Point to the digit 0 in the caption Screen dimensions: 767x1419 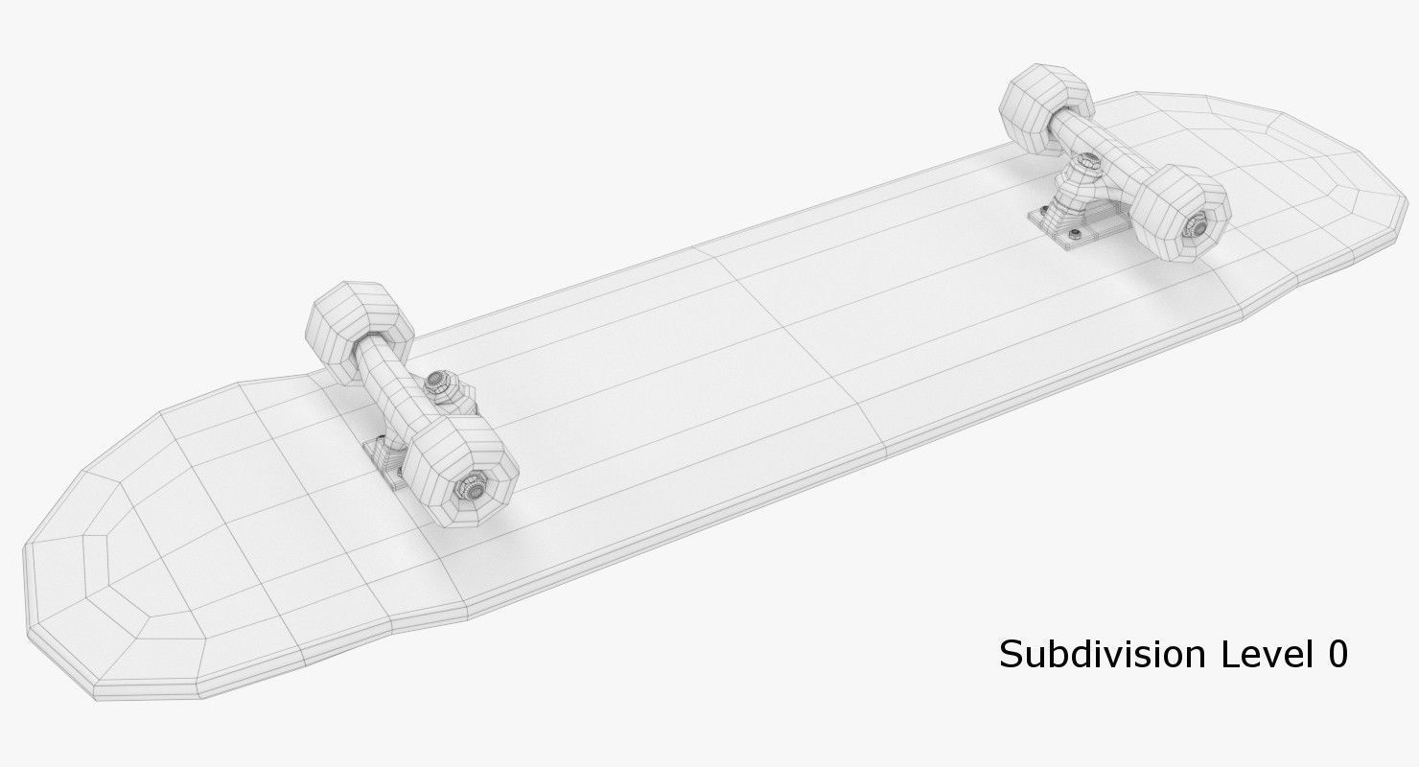1338,654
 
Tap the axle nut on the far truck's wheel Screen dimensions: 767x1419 1197,226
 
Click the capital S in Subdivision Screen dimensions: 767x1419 1011,655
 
